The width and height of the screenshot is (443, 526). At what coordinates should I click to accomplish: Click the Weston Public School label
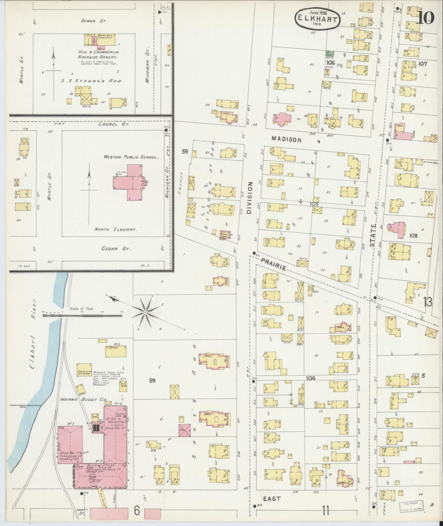click(131, 157)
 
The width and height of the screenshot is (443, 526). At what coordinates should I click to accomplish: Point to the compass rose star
click(145, 313)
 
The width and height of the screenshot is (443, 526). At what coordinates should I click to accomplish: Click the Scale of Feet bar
click(82, 316)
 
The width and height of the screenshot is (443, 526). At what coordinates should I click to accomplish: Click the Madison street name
click(286, 140)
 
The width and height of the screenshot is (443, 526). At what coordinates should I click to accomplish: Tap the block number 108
click(413, 236)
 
